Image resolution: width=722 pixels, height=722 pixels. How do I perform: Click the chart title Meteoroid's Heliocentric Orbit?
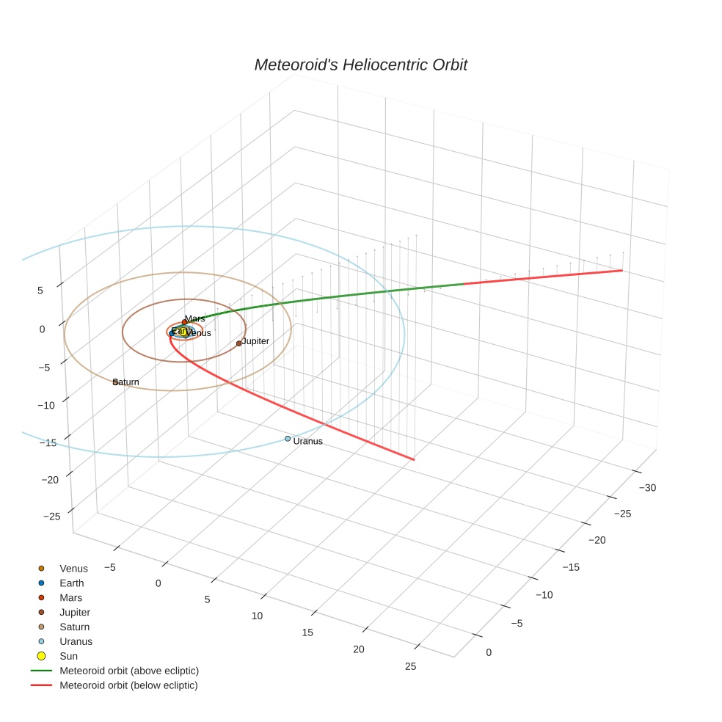point(360,65)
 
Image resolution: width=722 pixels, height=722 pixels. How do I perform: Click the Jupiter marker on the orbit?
point(238,343)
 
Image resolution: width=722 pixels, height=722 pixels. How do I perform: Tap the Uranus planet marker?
point(288,439)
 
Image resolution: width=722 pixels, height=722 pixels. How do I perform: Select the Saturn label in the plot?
point(126,382)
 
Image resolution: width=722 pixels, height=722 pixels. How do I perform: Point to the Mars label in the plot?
point(195,318)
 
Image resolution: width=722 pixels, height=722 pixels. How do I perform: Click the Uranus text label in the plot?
point(307,441)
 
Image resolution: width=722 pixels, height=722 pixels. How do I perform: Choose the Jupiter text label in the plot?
point(255,341)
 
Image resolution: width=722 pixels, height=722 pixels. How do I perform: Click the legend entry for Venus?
point(73,569)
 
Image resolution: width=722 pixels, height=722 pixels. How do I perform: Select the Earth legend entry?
point(72,583)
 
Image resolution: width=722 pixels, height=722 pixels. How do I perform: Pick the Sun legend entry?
point(68,656)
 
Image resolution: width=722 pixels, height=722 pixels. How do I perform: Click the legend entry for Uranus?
point(76,641)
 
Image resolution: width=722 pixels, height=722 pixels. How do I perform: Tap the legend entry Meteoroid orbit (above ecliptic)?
point(129,671)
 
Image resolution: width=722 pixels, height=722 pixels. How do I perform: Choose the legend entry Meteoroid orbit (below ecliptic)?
point(128,685)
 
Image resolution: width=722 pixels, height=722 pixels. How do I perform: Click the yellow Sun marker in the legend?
point(41,656)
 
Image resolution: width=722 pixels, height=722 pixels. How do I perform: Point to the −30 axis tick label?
point(647,488)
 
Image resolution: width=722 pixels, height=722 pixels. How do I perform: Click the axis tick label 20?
point(359,649)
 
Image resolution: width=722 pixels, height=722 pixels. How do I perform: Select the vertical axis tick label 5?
point(40,291)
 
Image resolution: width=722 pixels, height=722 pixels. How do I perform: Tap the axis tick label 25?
point(410,666)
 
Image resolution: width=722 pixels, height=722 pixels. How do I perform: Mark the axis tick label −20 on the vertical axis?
point(50,480)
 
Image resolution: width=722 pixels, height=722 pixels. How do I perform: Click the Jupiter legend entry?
point(75,612)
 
